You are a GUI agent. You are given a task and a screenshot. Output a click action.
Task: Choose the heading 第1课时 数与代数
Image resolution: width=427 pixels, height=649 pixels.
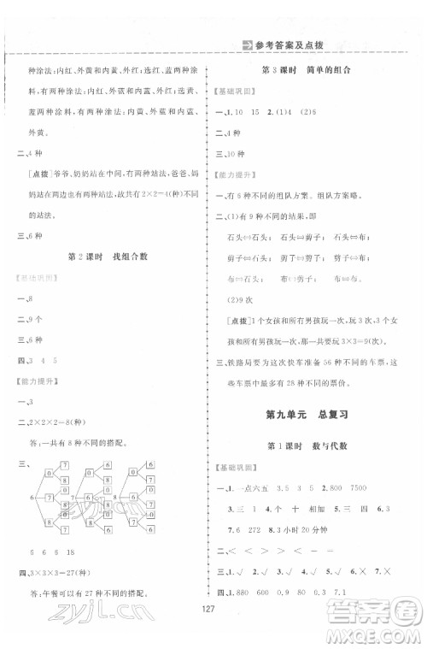[320, 447]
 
